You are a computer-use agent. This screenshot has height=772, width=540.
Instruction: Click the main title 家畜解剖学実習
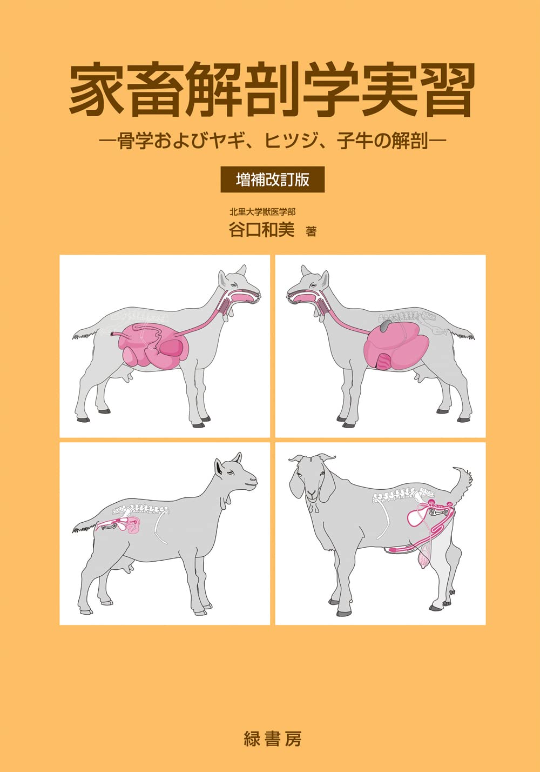pos(272,90)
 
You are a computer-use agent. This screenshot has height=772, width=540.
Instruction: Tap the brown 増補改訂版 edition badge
pos(272,179)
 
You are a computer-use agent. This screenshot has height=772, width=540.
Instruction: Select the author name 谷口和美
pos(262,230)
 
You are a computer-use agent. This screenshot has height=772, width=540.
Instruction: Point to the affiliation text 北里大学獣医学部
pos(262,212)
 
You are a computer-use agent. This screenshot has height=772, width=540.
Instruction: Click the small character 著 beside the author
pos(311,231)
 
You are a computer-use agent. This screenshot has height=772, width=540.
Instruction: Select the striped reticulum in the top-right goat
pos(384,361)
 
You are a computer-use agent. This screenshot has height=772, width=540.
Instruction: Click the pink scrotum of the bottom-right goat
pos(426,557)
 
